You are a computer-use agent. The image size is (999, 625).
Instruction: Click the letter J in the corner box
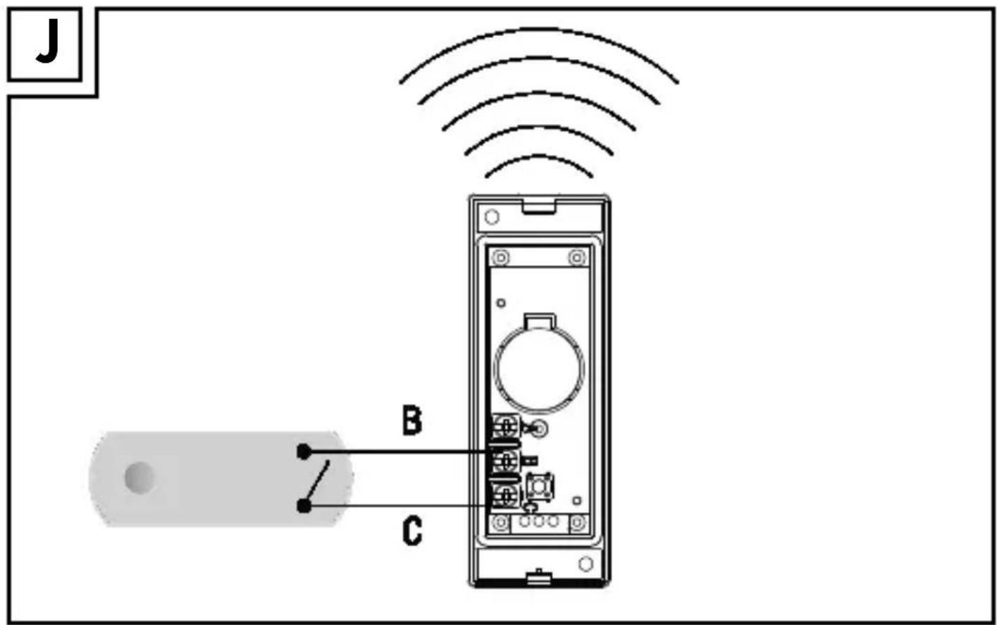click(x=48, y=41)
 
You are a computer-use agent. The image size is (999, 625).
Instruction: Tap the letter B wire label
click(x=411, y=420)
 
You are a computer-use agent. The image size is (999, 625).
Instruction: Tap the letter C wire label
click(x=412, y=531)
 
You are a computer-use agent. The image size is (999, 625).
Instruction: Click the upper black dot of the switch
click(x=304, y=452)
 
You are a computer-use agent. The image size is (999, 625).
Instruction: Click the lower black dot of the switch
click(x=304, y=507)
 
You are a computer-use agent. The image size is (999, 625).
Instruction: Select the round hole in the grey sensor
click(x=139, y=478)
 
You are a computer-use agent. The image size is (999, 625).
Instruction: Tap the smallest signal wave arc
click(x=539, y=156)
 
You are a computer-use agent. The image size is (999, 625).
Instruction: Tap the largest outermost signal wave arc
click(x=539, y=30)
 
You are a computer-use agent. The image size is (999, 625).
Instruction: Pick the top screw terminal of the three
click(x=506, y=427)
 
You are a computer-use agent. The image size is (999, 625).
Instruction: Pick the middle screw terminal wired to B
click(x=507, y=462)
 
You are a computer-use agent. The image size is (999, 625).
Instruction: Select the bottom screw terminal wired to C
click(x=507, y=497)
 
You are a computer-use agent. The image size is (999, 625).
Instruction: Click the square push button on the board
click(x=540, y=487)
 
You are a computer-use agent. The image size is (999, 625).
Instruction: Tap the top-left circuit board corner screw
click(x=502, y=257)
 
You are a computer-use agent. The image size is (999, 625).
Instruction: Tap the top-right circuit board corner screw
click(x=577, y=257)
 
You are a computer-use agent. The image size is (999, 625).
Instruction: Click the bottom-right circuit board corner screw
click(x=578, y=522)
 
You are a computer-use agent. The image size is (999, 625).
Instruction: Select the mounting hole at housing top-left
click(x=492, y=217)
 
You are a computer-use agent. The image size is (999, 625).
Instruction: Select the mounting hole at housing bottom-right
click(x=585, y=564)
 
